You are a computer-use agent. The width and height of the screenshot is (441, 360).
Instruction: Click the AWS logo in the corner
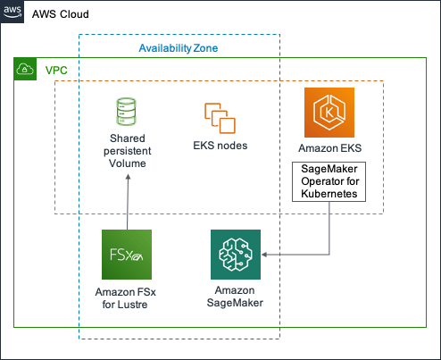pos(12,12)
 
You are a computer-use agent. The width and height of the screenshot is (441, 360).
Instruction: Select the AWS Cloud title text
pos(61,14)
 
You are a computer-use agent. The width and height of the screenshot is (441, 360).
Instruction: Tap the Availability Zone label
pos(179,48)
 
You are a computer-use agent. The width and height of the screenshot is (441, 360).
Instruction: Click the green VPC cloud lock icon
pos(25,69)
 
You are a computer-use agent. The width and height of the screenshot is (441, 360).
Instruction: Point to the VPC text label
pos(56,71)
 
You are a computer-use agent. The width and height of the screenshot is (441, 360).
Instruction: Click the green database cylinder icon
pos(126,112)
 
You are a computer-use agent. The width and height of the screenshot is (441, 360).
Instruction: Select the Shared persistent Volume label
pos(128,151)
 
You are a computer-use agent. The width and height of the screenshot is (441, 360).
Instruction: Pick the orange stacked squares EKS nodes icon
pos(220,118)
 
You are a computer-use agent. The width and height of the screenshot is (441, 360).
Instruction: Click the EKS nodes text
pos(220,146)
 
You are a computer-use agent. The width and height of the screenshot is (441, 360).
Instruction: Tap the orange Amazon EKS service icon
pos(329,113)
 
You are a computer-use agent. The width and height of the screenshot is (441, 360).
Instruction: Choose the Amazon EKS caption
pos(330,148)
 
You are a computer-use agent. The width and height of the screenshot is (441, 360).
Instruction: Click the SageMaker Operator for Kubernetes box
pos(329,181)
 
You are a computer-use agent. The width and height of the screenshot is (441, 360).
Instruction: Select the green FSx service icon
pos(127,255)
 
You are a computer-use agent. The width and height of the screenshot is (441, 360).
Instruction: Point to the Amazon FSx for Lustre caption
pos(125,298)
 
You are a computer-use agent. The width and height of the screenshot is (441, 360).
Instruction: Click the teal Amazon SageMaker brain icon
pos(236,255)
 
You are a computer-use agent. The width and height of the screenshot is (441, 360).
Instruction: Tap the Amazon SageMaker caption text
pos(235,297)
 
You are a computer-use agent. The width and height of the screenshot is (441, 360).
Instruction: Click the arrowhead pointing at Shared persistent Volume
pos(128,177)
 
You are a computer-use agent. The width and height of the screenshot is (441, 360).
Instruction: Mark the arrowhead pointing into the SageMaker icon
pos(264,255)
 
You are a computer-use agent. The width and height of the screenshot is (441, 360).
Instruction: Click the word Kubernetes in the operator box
pos(329,194)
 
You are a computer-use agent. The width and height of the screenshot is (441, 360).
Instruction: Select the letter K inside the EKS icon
pos(329,113)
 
